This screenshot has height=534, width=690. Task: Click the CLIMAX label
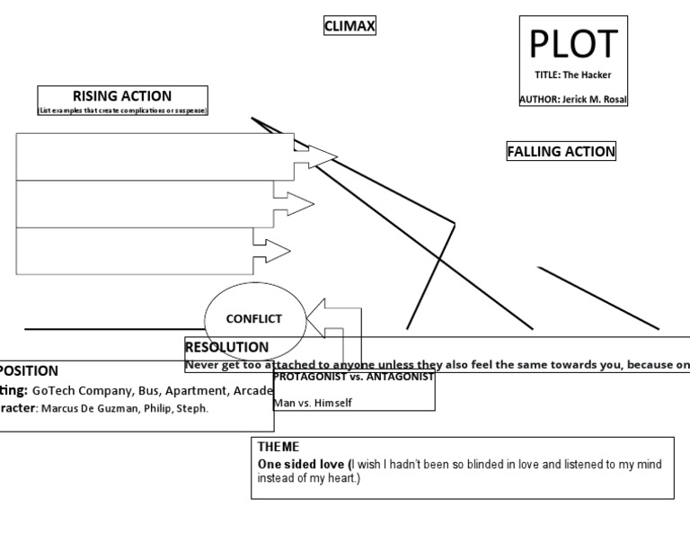tap(349, 26)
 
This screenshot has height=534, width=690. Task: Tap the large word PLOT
tap(573, 44)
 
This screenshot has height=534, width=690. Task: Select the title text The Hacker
tap(587, 75)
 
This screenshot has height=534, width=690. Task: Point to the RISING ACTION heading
tap(122, 96)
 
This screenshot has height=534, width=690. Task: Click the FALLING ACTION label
tap(562, 152)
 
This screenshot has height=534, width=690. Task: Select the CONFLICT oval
tap(253, 319)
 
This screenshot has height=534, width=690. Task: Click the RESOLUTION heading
tap(226, 347)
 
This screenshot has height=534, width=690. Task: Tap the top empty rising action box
tap(144, 156)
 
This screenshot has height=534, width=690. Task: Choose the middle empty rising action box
tap(144, 204)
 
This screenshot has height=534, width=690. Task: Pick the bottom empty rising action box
tap(135, 251)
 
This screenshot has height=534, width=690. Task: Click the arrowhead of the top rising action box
tap(323, 157)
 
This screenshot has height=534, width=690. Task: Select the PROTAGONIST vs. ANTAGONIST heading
tap(353, 378)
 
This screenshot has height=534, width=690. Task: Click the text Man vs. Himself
tap(313, 403)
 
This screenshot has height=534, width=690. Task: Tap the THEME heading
tap(279, 447)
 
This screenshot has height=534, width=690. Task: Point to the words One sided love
tap(301, 463)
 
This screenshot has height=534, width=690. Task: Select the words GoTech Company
tap(83, 391)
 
